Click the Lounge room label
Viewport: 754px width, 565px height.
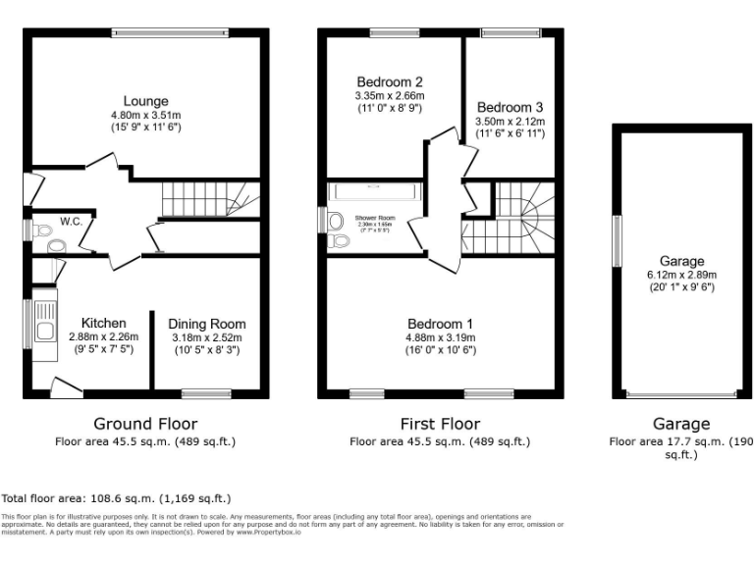[145, 101]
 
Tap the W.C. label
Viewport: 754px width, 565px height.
[71, 221]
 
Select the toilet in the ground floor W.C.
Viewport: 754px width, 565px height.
[41, 231]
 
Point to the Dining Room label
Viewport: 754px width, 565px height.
[206, 324]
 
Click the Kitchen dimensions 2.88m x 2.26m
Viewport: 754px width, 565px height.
[103, 336]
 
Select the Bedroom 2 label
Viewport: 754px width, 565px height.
[390, 81]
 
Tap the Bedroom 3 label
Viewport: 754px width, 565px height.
[510, 107]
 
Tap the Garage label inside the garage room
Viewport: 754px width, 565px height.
[681, 261]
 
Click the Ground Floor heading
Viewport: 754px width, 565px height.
[145, 424]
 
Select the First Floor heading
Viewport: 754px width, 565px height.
[440, 424]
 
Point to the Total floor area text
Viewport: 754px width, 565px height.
[117, 498]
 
